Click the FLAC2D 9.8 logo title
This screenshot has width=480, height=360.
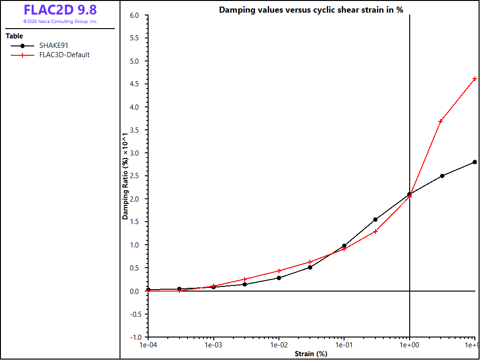click(x=60, y=10)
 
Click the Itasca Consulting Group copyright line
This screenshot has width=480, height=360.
click(x=60, y=22)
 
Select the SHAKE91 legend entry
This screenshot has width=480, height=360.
click(x=39, y=45)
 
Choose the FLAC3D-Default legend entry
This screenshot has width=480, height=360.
click(x=50, y=55)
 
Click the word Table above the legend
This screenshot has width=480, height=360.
click(x=15, y=36)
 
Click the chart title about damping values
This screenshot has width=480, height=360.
click(x=311, y=10)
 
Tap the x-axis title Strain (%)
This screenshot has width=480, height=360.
click(x=311, y=354)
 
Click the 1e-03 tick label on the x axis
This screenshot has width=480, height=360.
click(x=213, y=345)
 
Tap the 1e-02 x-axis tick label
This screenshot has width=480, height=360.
click(x=278, y=345)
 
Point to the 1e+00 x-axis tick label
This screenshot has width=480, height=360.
click(x=410, y=345)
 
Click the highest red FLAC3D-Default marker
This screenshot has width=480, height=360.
click(x=475, y=79)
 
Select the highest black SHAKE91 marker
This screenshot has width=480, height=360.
click(x=475, y=162)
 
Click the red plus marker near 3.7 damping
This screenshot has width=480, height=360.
click(x=441, y=121)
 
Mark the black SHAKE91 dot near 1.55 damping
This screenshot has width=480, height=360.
click(x=375, y=219)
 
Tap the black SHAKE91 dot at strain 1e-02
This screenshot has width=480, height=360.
click(x=279, y=278)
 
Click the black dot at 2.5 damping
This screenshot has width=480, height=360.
click(x=442, y=176)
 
